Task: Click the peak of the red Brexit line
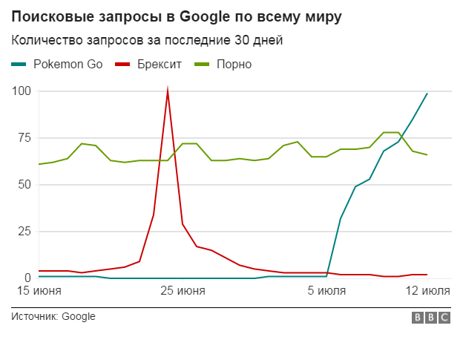click(x=168, y=91)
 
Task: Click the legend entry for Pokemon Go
click(x=68, y=65)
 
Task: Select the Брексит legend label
click(x=160, y=65)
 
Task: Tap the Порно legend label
click(x=234, y=65)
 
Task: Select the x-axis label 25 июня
click(x=183, y=292)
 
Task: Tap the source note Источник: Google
click(x=53, y=317)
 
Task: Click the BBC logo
click(x=431, y=318)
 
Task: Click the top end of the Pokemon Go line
click(x=427, y=94)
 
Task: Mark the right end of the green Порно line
click(x=427, y=154)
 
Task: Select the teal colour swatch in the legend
click(x=19, y=65)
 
